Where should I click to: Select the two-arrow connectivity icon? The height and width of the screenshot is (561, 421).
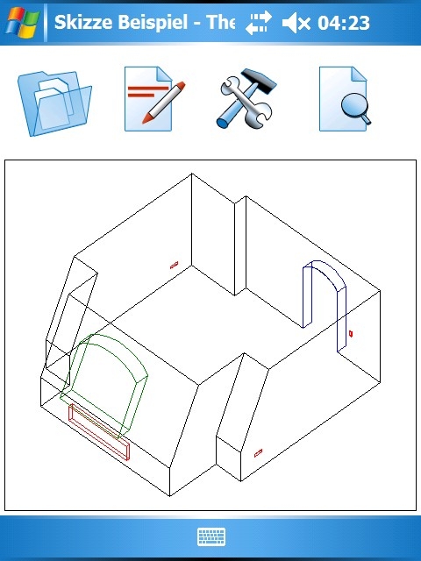tap(259, 23)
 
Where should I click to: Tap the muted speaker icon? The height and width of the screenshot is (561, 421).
tap(296, 24)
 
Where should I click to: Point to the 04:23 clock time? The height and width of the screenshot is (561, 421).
tap(344, 24)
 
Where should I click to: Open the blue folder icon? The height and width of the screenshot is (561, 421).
tap(54, 103)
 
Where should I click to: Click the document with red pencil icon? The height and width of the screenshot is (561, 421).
tap(154, 99)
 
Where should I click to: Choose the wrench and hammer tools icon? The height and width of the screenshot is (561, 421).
tap(246, 99)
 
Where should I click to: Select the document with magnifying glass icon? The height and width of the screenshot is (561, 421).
tap(345, 99)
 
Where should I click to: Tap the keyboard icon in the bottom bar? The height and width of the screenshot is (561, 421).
tap(211, 536)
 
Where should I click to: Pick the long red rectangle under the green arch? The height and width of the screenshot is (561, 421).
tap(99, 432)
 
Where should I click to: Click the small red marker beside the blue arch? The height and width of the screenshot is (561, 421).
tap(351, 334)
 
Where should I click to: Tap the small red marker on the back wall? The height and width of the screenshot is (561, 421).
tap(174, 265)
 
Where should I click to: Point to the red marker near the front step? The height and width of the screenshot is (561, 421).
tap(258, 453)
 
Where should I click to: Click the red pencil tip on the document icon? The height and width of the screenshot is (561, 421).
tap(146, 119)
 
